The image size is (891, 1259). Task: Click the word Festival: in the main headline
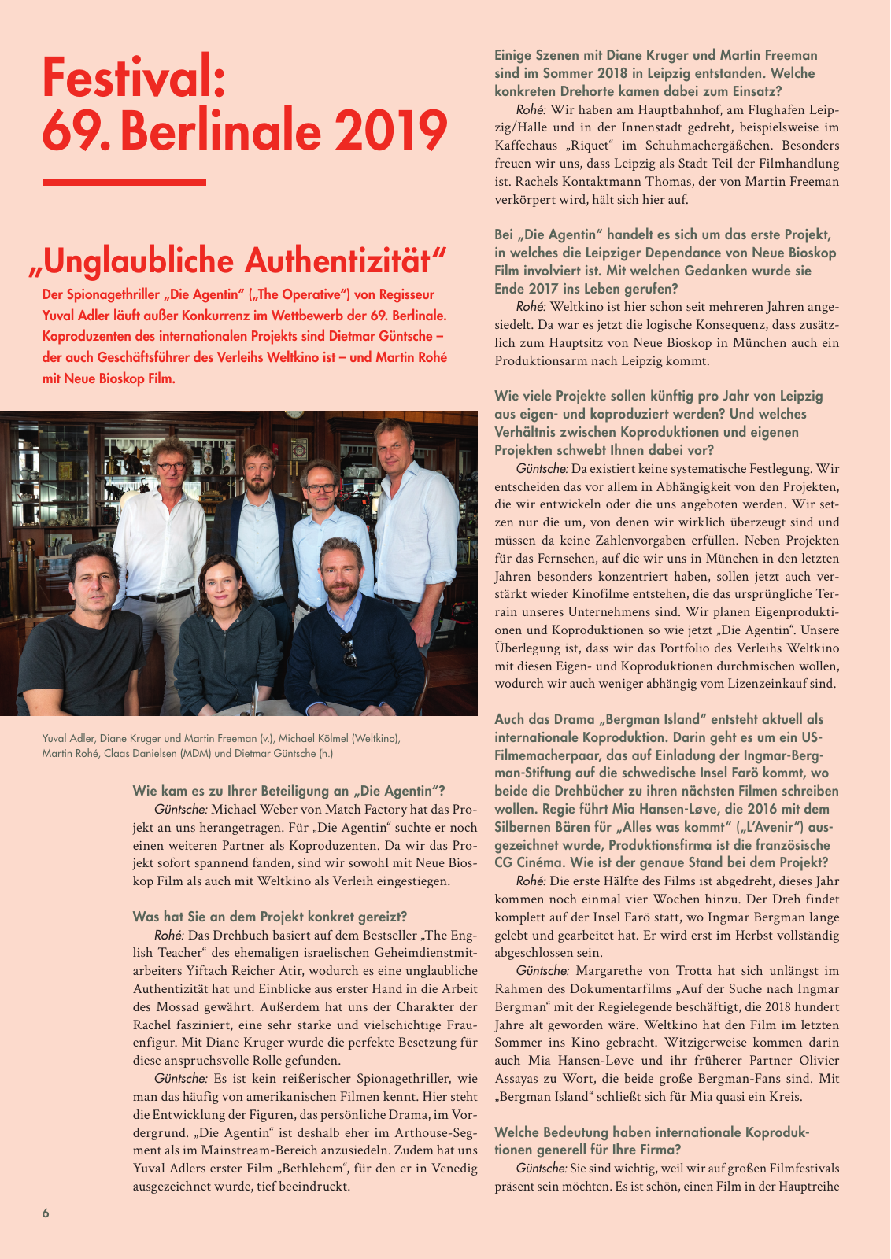134,77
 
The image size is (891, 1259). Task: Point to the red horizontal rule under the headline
124,182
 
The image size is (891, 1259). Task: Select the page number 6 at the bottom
46,1213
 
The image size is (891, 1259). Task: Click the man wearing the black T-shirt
81,629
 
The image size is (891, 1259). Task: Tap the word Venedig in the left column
450,1168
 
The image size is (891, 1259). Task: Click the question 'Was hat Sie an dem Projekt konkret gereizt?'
270,917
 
